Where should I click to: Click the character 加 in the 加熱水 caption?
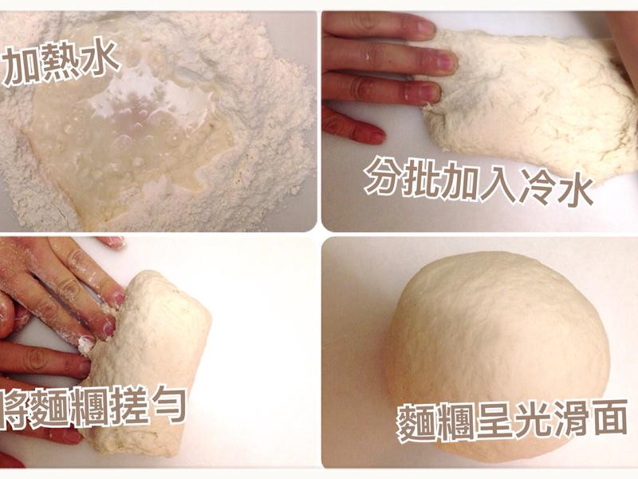[21, 67]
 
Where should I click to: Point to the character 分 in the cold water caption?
[384, 176]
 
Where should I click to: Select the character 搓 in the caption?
[126, 406]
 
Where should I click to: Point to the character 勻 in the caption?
[166, 405]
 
